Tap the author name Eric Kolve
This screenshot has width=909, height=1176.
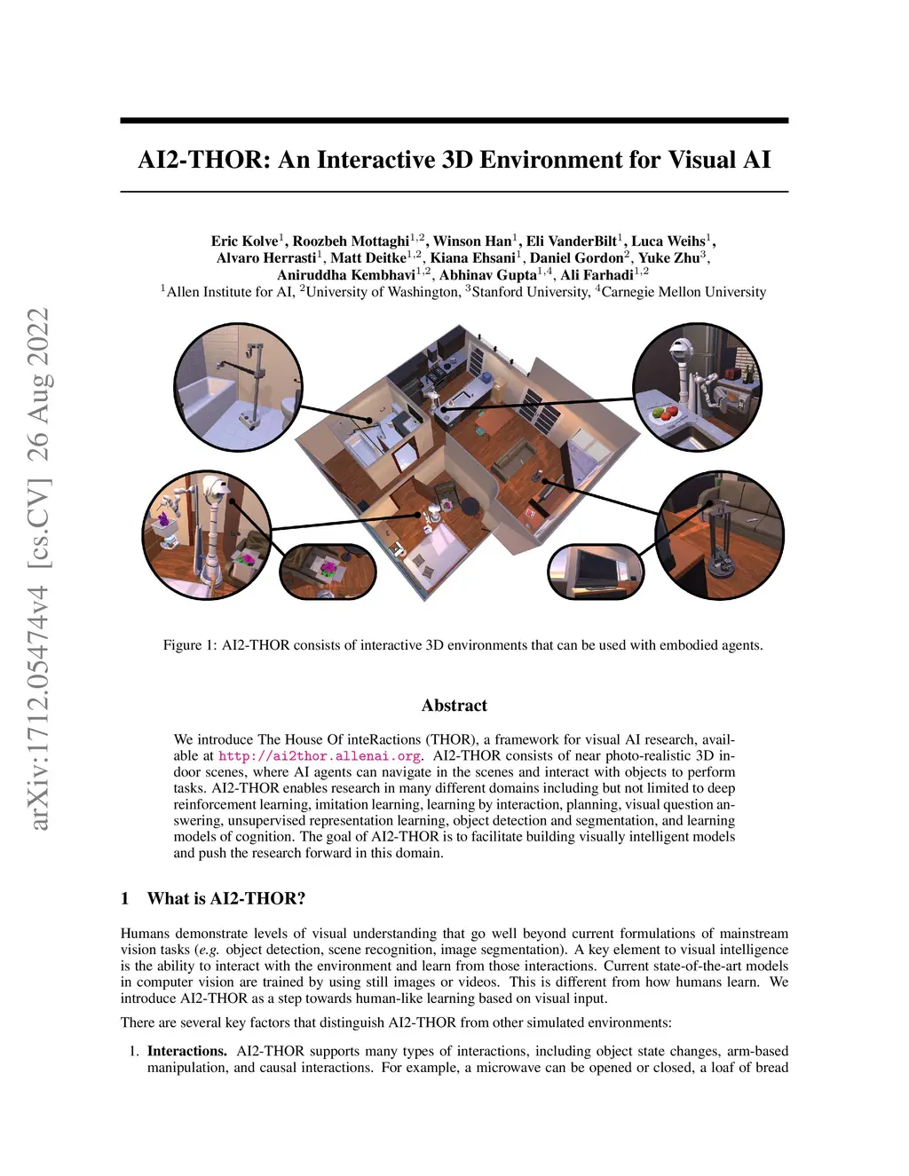tap(244, 241)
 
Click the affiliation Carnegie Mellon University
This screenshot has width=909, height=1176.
tap(684, 292)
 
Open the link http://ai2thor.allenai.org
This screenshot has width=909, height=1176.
tap(320, 756)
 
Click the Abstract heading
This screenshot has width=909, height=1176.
tap(454, 706)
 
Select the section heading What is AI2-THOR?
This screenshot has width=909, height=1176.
tap(226, 898)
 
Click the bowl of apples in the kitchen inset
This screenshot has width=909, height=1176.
tap(664, 414)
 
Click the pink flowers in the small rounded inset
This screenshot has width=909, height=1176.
tap(328, 568)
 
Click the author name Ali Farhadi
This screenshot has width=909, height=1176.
tap(597, 275)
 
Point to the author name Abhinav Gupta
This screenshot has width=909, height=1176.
tap(487, 275)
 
